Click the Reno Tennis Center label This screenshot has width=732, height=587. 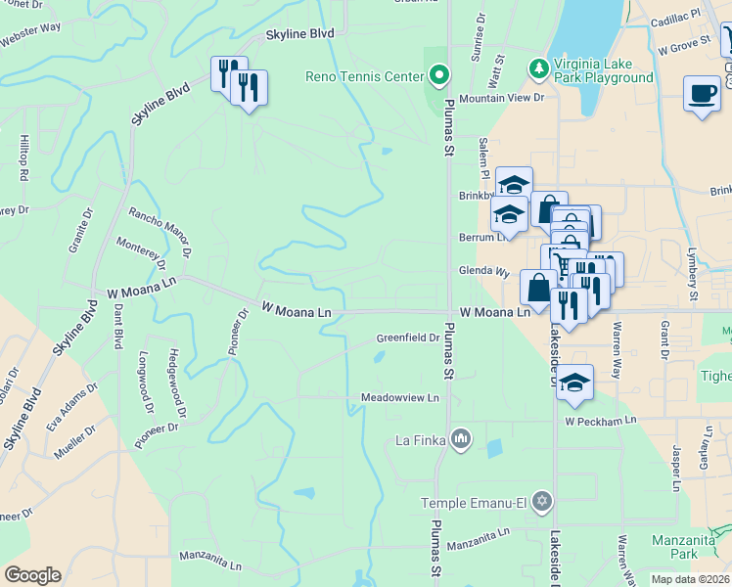point(367,75)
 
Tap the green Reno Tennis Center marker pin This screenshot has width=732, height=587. point(439,74)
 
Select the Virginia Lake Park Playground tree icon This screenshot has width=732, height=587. point(537,68)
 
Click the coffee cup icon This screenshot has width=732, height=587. point(702,94)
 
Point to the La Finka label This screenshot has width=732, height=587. point(421,441)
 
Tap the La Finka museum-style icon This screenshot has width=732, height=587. point(460,440)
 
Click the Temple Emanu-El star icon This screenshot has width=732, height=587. point(543,503)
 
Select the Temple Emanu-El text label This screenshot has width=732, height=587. point(474,504)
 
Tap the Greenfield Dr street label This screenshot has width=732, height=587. point(407,339)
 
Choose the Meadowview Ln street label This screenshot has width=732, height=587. point(399,398)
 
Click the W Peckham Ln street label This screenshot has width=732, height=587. point(600,420)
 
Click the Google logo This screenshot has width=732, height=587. point(32,575)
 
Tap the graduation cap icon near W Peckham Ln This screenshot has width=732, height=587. point(575,383)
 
